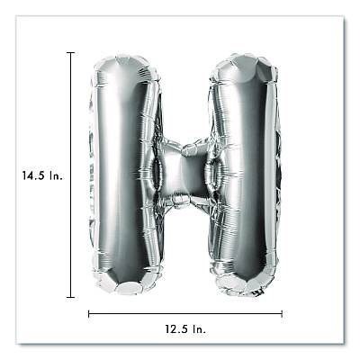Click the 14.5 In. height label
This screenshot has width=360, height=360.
tap(42, 175)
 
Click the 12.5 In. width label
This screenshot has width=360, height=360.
tap(185, 329)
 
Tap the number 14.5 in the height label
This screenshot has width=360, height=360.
tap(33, 175)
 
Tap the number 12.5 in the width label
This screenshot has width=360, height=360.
tap(176, 329)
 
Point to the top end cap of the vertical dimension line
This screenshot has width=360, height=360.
tap(70, 52)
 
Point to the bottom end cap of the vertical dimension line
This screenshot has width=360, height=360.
tap(70, 297)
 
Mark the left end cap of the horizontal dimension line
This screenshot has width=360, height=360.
tap(89, 314)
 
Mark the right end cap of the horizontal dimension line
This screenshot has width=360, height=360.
tap(282, 314)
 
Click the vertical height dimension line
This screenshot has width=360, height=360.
tap(70, 175)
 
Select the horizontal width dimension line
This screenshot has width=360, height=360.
tap(185, 314)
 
